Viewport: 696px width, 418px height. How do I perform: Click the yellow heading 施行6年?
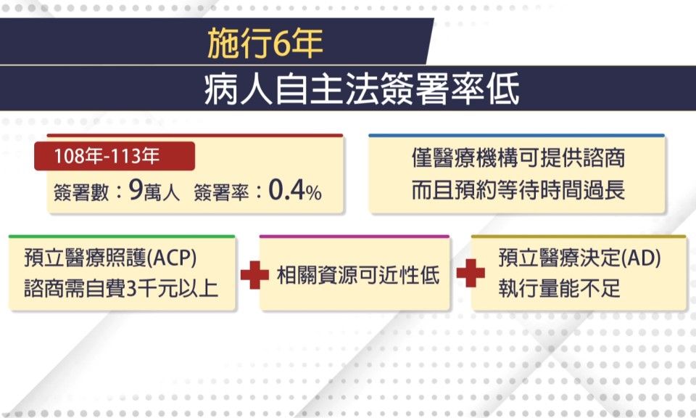265,43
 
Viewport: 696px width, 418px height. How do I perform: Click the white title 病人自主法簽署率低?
362,89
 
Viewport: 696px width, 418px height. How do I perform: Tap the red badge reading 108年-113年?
115,156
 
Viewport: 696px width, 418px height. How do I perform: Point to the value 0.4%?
295,190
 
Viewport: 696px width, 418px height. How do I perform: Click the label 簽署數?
81,192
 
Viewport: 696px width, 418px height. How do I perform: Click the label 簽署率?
222,192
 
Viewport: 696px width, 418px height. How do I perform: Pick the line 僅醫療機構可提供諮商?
518,157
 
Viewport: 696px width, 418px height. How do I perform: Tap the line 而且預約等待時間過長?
518,189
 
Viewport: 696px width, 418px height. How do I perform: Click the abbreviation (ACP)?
171,258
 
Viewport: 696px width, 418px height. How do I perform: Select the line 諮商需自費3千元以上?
121,289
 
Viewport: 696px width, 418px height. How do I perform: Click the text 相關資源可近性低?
358,275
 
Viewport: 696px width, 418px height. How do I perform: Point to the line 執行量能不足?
559,289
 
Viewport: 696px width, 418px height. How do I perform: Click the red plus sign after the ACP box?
254,275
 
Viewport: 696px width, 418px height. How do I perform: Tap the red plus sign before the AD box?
471,273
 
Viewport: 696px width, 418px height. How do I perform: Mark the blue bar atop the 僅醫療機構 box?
517,135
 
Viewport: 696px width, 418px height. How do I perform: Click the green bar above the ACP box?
122,237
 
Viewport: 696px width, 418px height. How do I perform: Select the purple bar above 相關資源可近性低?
355,237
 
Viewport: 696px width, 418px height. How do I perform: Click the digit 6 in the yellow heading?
281,44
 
